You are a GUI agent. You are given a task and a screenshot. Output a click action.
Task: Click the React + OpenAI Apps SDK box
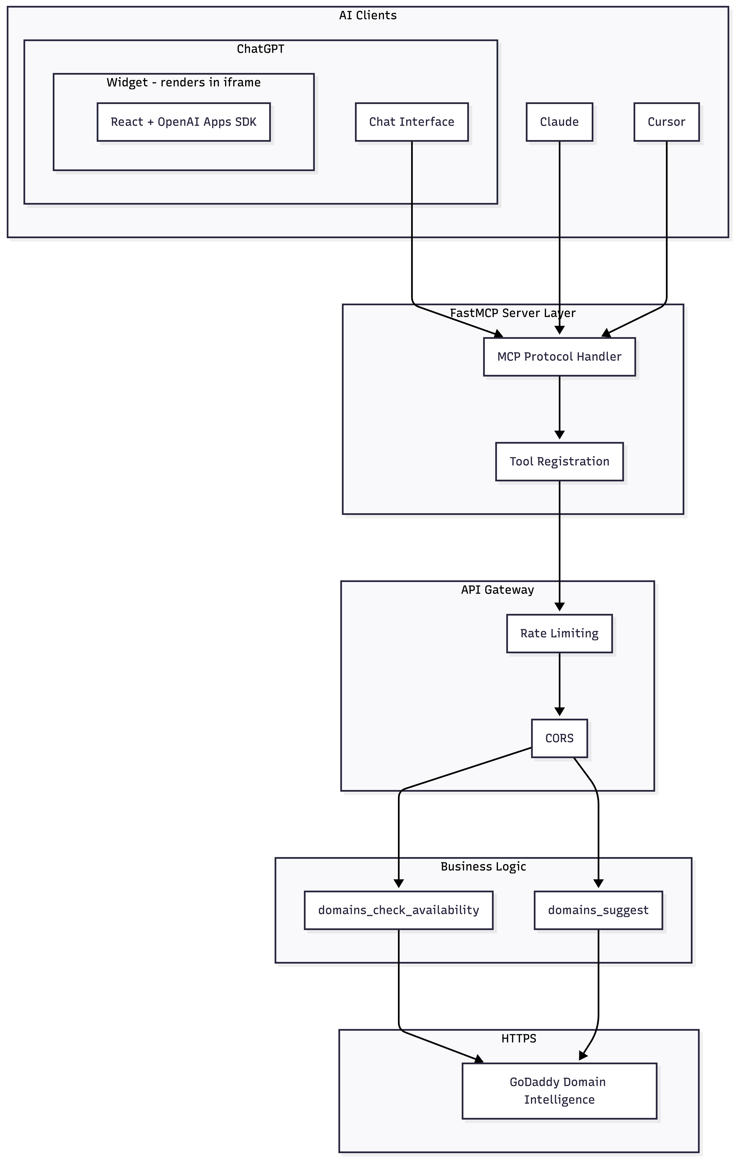[183, 122]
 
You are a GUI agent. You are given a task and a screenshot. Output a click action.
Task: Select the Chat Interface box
[412, 122]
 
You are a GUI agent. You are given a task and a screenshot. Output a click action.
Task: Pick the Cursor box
[666, 122]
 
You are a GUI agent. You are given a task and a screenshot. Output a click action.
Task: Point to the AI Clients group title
[368, 15]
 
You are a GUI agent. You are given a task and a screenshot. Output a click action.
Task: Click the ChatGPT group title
[260, 49]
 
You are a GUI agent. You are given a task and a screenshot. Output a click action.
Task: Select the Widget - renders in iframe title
[183, 82]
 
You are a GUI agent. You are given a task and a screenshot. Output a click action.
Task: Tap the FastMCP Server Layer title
[513, 313]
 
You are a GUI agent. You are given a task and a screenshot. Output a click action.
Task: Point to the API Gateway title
[497, 590]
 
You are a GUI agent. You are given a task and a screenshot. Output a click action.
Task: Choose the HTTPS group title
[518, 1038]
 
